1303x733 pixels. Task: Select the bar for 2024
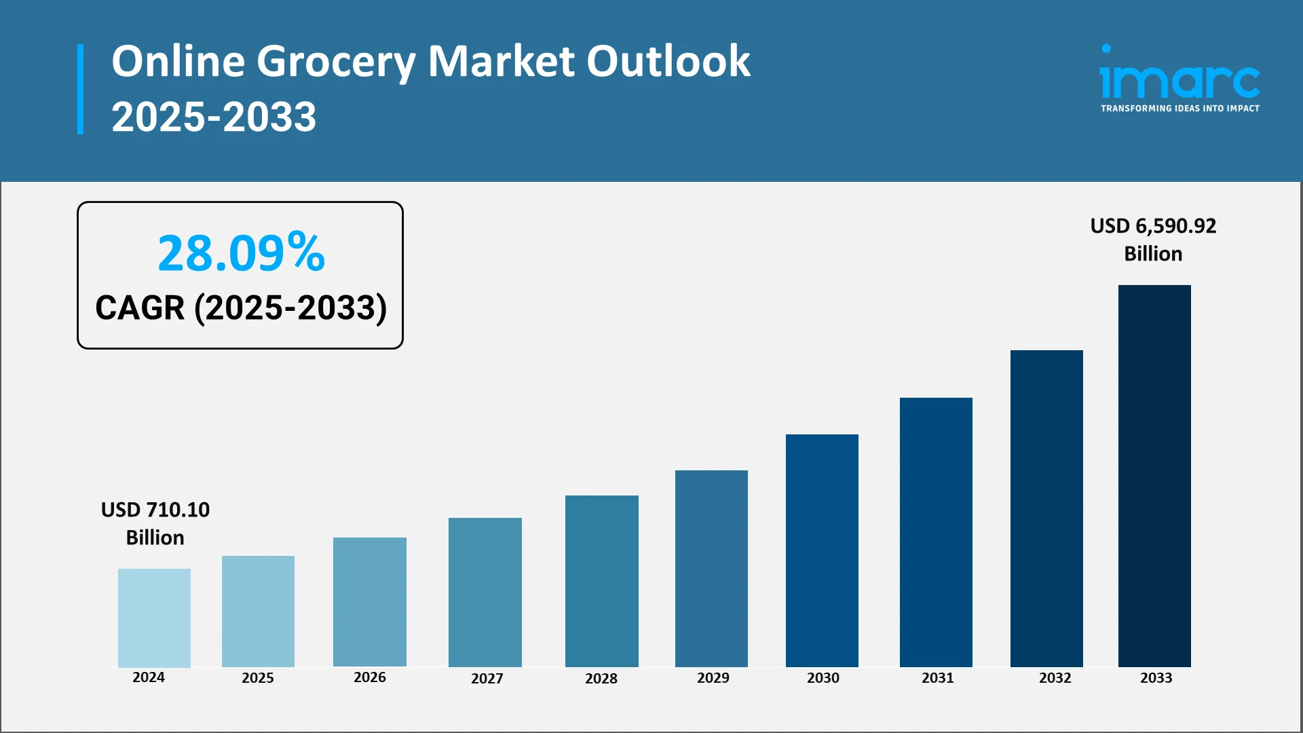tap(154, 618)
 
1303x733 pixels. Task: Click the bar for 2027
tap(485, 592)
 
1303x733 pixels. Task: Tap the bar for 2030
tap(822, 550)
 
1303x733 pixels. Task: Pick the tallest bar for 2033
tap(1154, 476)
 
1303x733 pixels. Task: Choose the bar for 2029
tap(711, 568)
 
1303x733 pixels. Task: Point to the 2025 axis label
tap(258, 678)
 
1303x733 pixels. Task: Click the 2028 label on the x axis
tap(601, 679)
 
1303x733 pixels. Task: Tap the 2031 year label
tap(937, 678)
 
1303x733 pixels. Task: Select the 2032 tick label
tap(1055, 678)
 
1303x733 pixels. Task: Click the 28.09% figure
tap(241, 253)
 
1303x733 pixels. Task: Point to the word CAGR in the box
tap(140, 308)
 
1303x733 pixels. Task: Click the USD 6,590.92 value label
tap(1153, 226)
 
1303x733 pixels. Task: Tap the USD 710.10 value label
tap(155, 510)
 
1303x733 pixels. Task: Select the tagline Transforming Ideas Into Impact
tap(1179, 109)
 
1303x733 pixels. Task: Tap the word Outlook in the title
tap(668, 62)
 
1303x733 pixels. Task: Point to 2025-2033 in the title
tap(214, 117)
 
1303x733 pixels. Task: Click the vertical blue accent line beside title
tap(81, 89)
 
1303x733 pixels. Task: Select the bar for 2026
tap(369, 601)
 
